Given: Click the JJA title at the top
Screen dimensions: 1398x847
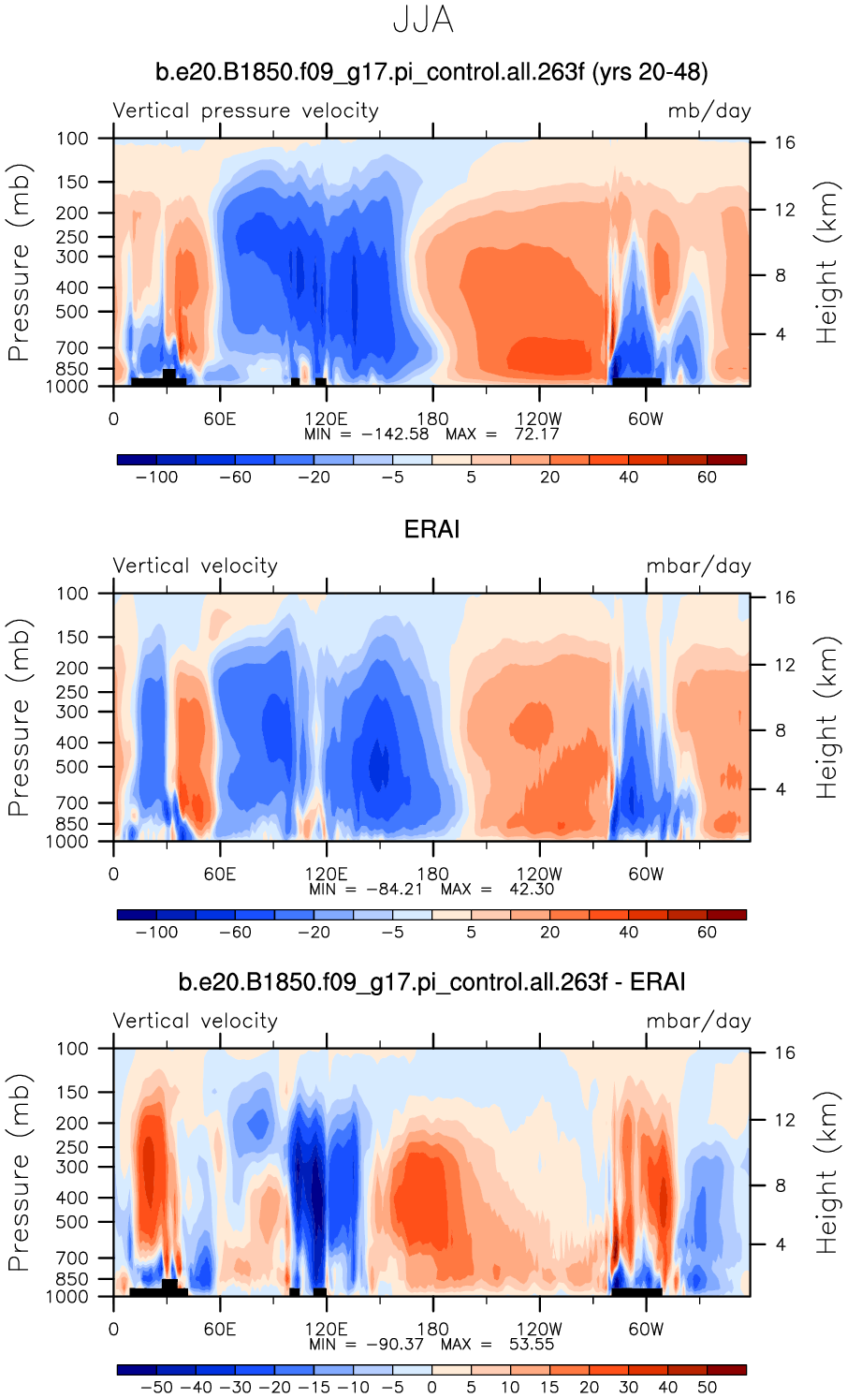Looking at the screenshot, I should (x=423, y=21).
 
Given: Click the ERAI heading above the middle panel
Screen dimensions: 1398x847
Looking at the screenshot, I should (x=431, y=530).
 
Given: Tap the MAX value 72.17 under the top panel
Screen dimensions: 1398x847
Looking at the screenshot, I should (x=536, y=434).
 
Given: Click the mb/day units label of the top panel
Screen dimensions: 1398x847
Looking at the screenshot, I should (x=708, y=111).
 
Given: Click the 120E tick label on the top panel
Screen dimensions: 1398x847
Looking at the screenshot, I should (x=326, y=419).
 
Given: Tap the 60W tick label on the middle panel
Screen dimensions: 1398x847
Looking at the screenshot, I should (x=645, y=874).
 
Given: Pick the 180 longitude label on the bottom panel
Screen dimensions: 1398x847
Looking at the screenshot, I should (x=432, y=1329).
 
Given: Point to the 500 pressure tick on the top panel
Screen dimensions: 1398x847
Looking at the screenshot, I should (x=72, y=312).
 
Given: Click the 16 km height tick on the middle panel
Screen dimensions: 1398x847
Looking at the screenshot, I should (x=784, y=597).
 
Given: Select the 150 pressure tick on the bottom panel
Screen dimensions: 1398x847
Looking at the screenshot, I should (x=72, y=1092).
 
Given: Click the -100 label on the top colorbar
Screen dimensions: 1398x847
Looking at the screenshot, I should (x=156, y=478).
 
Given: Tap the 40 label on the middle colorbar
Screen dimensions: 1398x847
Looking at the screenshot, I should (x=628, y=933).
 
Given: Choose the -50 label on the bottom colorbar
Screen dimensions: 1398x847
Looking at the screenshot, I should (x=156, y=1388).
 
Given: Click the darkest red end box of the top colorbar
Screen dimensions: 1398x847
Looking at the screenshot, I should (x=726, y=460).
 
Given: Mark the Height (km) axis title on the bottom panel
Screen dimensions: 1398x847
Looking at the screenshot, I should (x=826, y=1172).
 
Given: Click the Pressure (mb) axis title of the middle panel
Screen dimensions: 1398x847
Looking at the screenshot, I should (x=20, y=717).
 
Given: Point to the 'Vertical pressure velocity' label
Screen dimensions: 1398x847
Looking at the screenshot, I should (x=245, y=111).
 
